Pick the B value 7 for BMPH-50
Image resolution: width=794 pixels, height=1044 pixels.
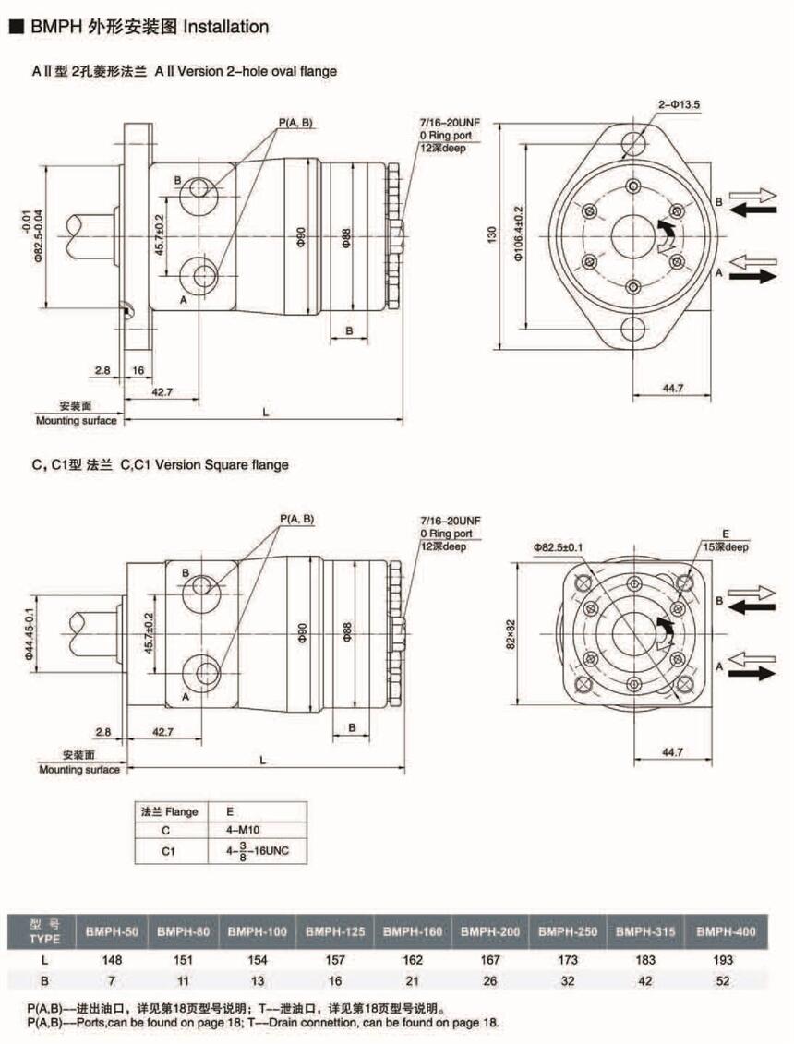click(x=113, y=981)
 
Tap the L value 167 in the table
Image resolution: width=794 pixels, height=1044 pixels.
click(x=490, y=960)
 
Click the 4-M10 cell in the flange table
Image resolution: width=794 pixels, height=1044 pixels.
click(x=252, y=830)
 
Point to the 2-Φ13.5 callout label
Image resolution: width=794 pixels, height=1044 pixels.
click(x=680, y=105)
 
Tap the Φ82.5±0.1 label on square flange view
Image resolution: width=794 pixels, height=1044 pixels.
click(x=558, y=547)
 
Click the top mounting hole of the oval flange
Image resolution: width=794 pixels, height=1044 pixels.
click(x=633, y=143)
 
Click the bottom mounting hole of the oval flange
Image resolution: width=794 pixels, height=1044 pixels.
click(x=633, y=330)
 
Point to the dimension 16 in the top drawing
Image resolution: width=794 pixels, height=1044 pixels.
click(x=137, y=370)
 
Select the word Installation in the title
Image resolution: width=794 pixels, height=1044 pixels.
click(x=226, y=27)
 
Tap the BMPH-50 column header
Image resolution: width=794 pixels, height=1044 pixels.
click(x=113, y=931)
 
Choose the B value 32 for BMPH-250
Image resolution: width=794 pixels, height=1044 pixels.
click(x=569, y=981)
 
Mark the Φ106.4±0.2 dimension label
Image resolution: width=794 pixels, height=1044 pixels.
click(x=520, y=235)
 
